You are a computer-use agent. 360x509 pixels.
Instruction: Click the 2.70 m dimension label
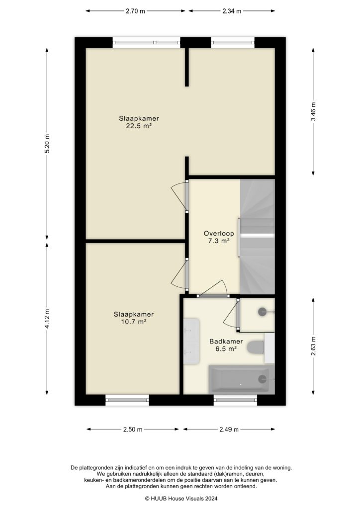pyautogui.click(x=135, y=10)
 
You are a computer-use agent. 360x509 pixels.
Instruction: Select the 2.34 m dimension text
pyautogui.click(x=231, y=10)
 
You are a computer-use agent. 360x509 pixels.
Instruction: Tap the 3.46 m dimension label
pyautogui.click(x=313, y=112)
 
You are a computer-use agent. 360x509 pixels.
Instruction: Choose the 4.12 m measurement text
pyautogui.click(x=47, y=319)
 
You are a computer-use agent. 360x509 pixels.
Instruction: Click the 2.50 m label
pyautogui.click(x=133, y=429)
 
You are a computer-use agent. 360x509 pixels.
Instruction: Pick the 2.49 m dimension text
pyautogui.click(x=229, y=429)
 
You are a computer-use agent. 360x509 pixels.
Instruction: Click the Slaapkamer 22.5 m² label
pyautogui.click(x=135, y=122)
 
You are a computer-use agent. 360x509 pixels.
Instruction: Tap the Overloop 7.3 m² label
pyautogui.click(x=216, y=237)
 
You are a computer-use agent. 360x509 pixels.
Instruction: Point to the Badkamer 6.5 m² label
pyautogui.click(x=226, y=345)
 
